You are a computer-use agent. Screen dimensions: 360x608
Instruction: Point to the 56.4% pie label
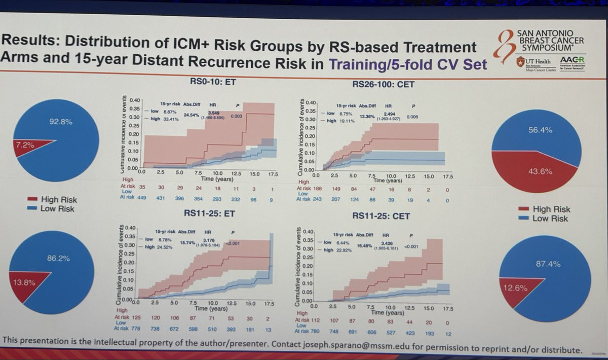click(x=540, y=130)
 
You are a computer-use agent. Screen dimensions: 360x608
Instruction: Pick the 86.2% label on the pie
click(x=58, y=259)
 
